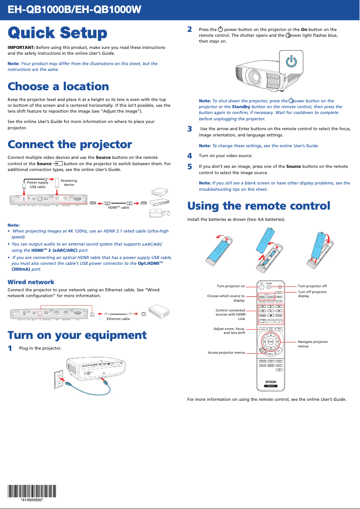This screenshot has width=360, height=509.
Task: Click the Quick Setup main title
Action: pyautogui.click(x=57, y=33)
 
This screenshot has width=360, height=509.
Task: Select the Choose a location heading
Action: pyautogui.click(x=58, y=86)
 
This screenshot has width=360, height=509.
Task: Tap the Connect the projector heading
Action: pyautogui.click(x=70, y=145)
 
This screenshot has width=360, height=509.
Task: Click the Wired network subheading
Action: pyautogui.click(x=31, y=282)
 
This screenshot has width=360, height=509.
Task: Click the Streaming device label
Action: pyautogui.click(x=69, y=183)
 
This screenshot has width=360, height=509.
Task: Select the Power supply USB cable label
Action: pyautogui.click(x=37, y=184)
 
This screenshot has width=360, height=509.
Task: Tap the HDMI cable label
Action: pyautogui.click(x=119, y=208)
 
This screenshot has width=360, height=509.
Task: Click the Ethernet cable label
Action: pyautogui.click(x=118, y=319)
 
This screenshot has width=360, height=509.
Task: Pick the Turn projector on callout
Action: pyautogui.click(x=231, y=286)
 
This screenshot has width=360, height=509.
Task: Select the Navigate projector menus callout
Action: pyautogui.click(x=313, y=344)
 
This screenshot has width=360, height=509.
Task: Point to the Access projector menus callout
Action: pyautogui.click(x=226, y=352)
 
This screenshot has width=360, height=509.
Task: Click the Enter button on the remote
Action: pyautogui.click(x=271, y=342)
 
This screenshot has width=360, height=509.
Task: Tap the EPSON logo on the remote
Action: pyautogui.click(x=270, y=382)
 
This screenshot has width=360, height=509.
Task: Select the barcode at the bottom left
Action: pyautogui.click(x=31, y=491)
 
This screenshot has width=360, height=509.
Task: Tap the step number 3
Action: pyautogui.click(x=189, y=129)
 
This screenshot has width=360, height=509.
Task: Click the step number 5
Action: pyautogui.click(x=189, y=167)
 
